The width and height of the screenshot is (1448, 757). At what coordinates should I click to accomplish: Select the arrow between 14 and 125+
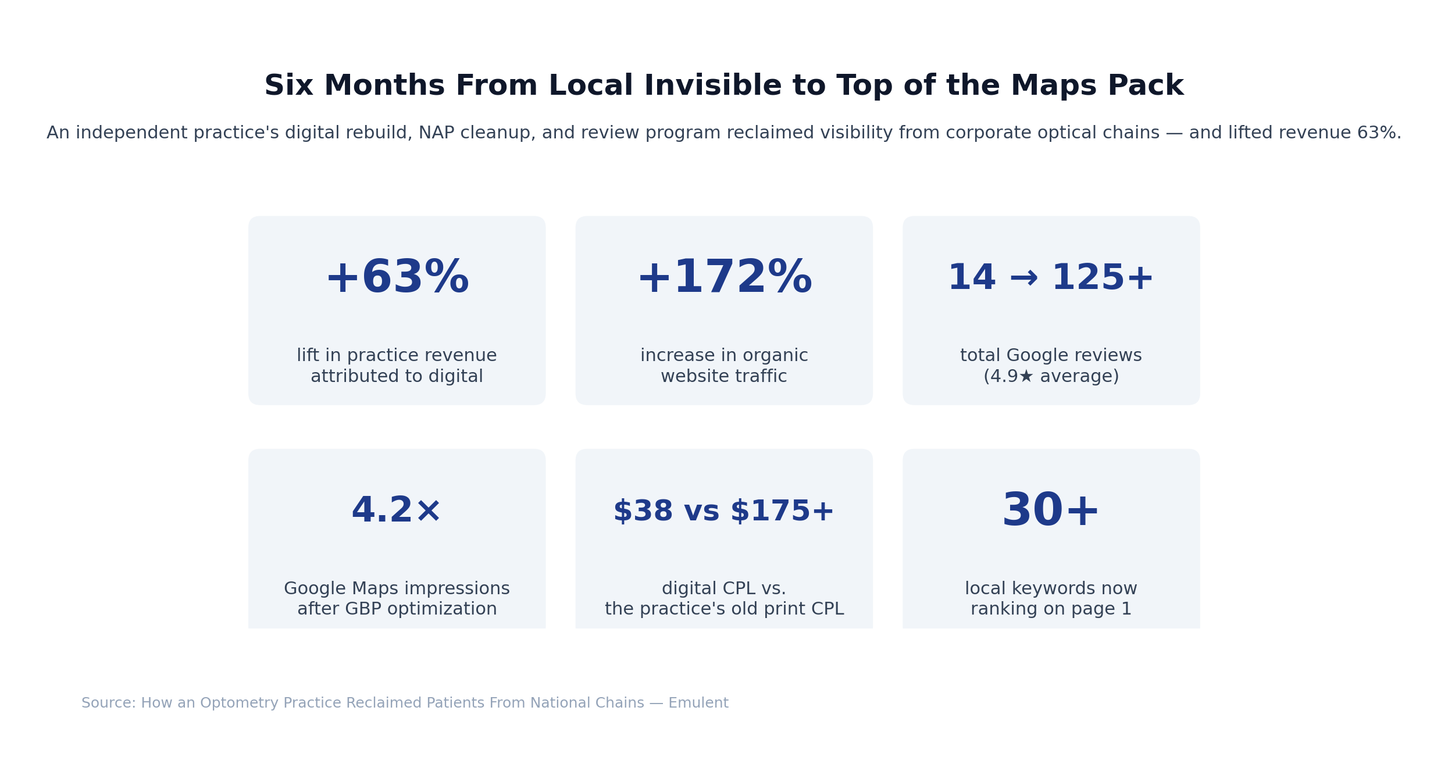click(x=1024, y=278)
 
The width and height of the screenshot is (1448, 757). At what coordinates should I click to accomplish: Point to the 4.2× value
click(x=397, y=511)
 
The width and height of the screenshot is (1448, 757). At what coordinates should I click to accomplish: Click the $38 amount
click(x=643, y=512)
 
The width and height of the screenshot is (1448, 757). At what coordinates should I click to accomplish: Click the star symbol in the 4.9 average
click(x=1026, y=377)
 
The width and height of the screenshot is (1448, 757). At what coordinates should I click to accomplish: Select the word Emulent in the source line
click(x=698, y=703)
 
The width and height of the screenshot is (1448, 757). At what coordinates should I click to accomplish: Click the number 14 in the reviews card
click(x=972, y=278)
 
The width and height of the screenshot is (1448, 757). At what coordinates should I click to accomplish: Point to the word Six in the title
click(x=288, y=86)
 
